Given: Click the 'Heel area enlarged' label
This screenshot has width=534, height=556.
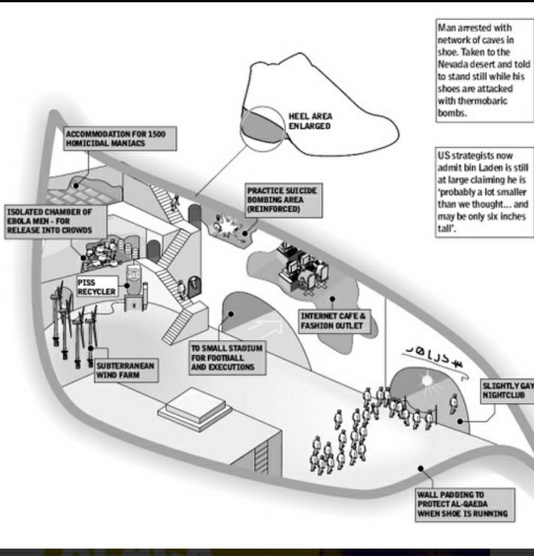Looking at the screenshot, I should point(310,121).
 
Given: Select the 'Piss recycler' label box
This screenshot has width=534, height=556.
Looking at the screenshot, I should point(97,287).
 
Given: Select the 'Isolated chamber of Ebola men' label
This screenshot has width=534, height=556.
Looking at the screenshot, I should point(50,221).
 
